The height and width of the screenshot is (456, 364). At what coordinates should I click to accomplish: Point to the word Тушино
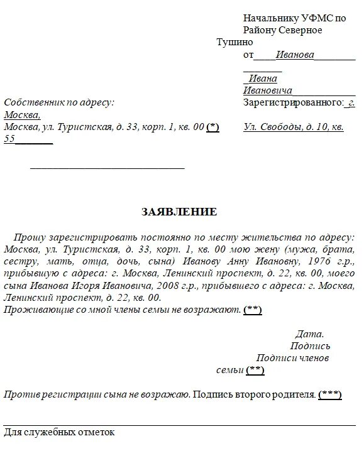tap(234, 42)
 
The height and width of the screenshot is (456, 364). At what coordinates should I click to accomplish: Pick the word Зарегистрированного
tap(292, 102)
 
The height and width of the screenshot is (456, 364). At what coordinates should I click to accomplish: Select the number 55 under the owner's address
tap(9, 139)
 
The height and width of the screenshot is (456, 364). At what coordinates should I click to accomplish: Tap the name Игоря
tap(95, 285)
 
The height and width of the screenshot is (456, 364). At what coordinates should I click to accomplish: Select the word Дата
tap(309, 334)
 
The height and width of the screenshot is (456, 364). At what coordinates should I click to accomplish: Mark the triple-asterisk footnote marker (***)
tap(329, 394)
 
